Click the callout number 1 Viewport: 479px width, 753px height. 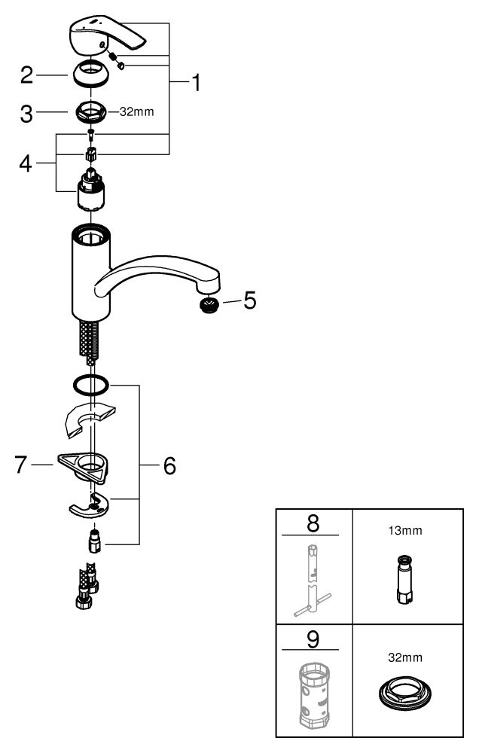point(196,83)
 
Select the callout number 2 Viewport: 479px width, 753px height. point(27,75)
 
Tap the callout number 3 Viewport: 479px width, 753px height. point(26,114)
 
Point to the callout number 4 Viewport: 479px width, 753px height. point(26,163)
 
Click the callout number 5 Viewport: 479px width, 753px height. point(250,300)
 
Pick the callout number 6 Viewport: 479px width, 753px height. point(169,465)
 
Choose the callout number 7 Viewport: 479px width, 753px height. point(20,465)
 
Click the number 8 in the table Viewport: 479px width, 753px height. point(313,523)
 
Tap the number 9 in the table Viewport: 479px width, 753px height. point(313,639)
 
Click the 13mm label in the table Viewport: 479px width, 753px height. point(405,531)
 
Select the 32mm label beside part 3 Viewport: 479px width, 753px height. point(137,112)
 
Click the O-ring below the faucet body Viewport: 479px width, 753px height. point(90,385)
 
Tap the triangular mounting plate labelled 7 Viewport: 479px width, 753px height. point(84,467)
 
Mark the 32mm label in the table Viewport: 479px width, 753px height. point(405,657)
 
